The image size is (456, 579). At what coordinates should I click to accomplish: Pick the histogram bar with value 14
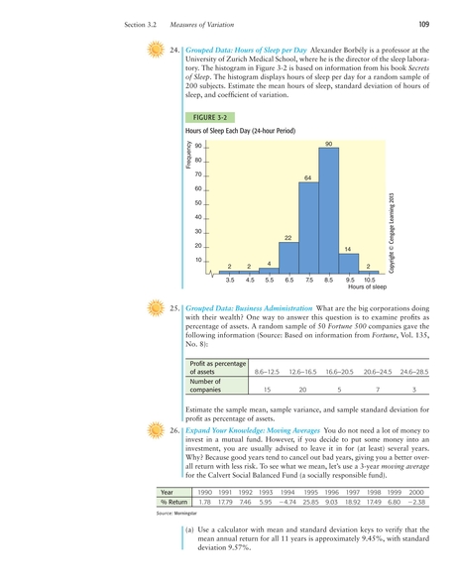coord(348,263)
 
